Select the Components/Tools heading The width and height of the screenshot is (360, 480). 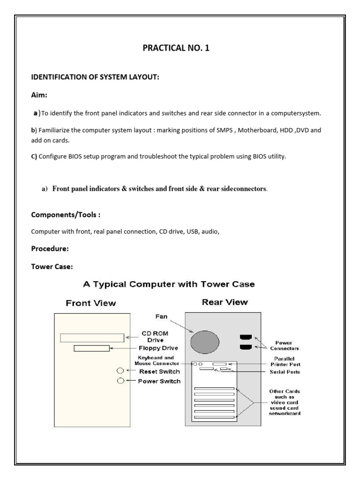[x=66, y=215]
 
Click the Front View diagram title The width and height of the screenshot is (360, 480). [x=91, y=303]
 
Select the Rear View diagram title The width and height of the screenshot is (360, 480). [x=225, y=302]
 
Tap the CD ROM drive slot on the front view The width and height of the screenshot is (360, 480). [x=93, y=337]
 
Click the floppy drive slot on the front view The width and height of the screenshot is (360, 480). [x=91, y=348]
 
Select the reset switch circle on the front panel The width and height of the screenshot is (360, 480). [x=120, y=371]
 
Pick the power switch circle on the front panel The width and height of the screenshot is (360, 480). [x=120, y=381]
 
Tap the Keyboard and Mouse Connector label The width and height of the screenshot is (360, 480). [x=156, y=360]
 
